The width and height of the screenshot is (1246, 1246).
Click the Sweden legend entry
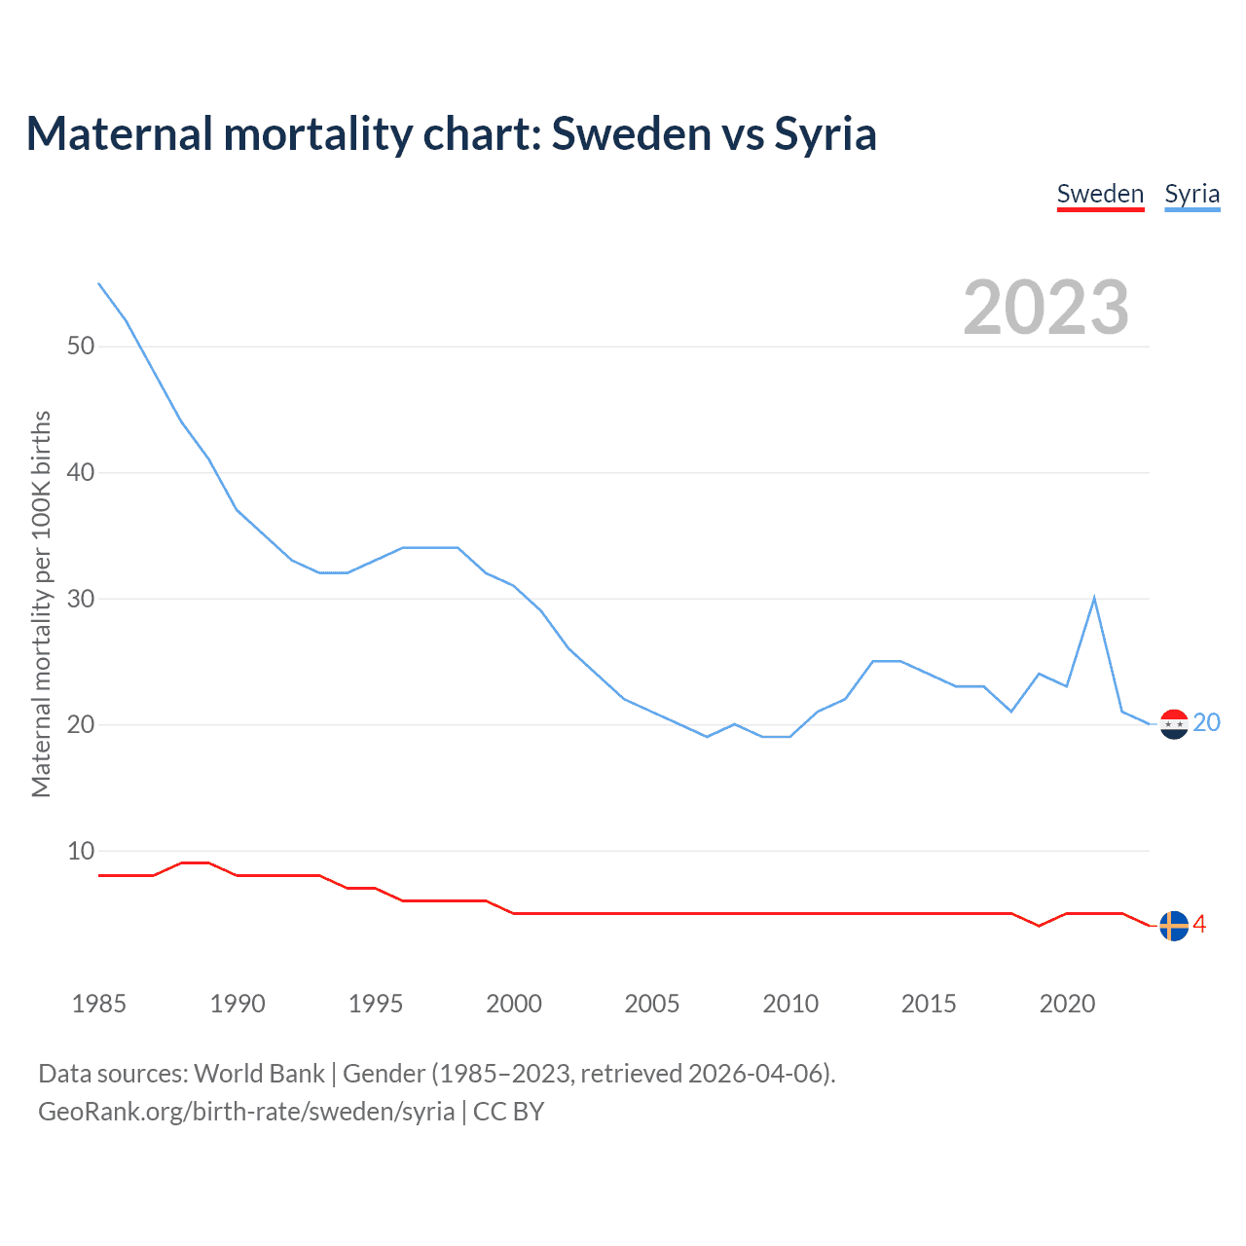[x=1100, y=194]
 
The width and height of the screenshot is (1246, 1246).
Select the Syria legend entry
[x=1191, y=194]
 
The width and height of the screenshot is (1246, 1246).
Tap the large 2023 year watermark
[x=1045, y=308]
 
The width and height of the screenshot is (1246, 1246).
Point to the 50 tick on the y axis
[x=81, y=347]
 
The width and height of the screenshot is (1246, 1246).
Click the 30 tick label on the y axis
[x=81, y=599]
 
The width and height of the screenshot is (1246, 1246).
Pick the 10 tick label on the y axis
[x=81, y=851]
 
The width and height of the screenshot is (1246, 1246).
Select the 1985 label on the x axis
[x=98, y=1004]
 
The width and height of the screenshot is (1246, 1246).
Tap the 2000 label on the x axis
[x=513, y=1004]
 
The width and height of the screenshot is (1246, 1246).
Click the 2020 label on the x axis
[x=1067, y=1004]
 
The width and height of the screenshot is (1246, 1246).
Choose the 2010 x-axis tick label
[x=790, y=1004]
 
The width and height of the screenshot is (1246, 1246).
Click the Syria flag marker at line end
[x=1174, y=724]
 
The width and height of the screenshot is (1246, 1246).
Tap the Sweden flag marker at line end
[x=1174, y=926]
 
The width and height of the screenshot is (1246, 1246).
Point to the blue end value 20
[x=1206, y=722]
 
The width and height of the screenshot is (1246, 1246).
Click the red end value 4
[x=1199, y=925]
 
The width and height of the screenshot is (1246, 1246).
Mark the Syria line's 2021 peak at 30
[x=1094, y=598]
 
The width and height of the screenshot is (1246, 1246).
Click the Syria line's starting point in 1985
[x=98, y=283]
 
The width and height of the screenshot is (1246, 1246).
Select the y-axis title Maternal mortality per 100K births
[x=41, y=604]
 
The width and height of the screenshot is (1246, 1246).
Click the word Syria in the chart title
[x=825, y=133]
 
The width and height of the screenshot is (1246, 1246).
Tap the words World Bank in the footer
[x=259, y=1073]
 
